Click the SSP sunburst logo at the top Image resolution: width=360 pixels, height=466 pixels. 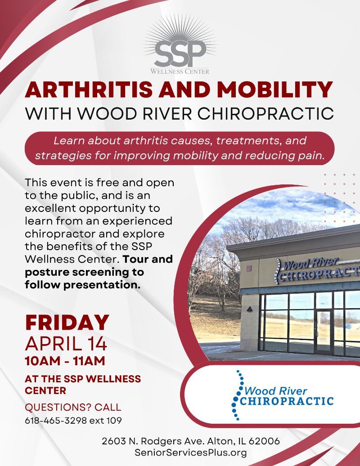(x=180, y=45)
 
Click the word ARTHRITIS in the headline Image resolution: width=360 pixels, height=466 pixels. (x=89, y=90)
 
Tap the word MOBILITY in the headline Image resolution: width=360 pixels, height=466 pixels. (x=274, y=90)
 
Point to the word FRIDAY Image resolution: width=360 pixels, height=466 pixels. (x=67, y=323)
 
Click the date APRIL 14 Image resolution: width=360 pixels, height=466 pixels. (x=66, y=344)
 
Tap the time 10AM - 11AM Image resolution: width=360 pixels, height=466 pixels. (x=65, y=361)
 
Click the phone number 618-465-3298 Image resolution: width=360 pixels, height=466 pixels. (x=56, y=421)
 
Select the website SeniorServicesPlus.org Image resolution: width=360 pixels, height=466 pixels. (x=190, y=453)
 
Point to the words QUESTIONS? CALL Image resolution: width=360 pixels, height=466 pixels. (x=73, y=407)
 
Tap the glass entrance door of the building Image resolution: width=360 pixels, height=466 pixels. (x=323, y=332)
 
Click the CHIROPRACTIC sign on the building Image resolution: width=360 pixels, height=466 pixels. (x=319, y=274)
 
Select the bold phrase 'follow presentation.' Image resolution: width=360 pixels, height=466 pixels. (x=83, y=285)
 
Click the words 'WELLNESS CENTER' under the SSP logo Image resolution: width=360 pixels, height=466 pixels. (x=180, y=72)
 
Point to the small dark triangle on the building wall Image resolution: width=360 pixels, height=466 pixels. (x=250, y=309)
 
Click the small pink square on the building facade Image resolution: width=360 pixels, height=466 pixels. (x=249, y=269)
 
